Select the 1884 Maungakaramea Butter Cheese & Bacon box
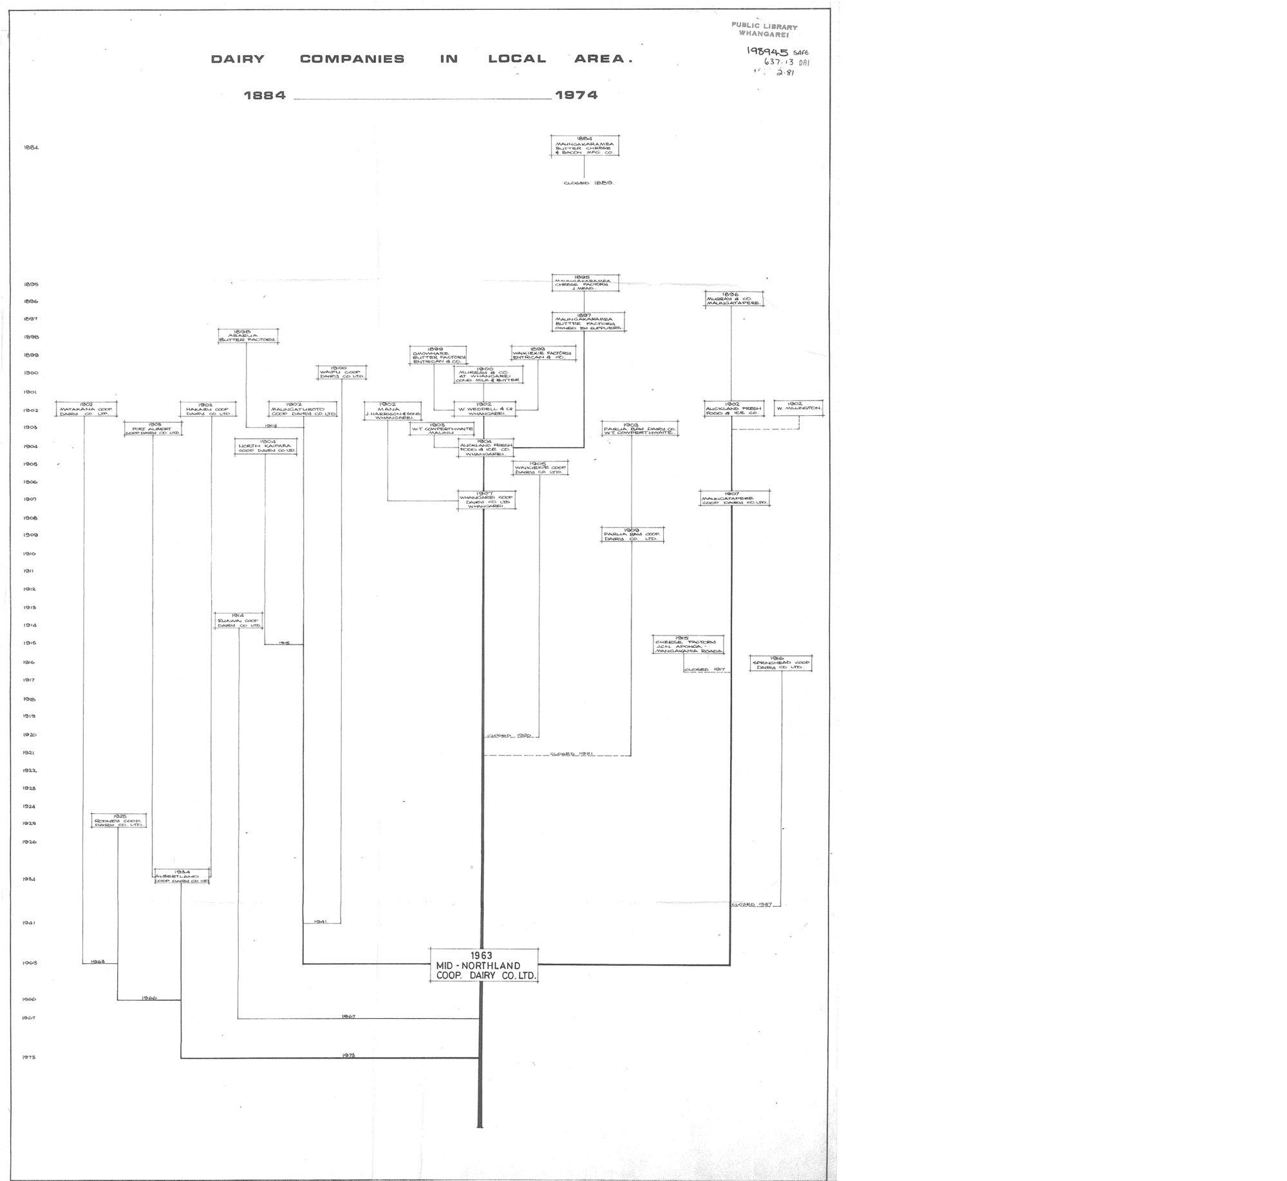pos(585,146)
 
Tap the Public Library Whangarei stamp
pos(764,30)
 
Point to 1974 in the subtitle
pos(576,95)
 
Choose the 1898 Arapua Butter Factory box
pos(248,336)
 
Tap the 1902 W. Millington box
pos(798,408)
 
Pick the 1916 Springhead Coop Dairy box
pos(781,663)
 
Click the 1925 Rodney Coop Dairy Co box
pos(118,820)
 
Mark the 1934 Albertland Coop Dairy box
pos(182,877)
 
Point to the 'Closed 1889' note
pos(588,183)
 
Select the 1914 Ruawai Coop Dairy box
pos(238,620)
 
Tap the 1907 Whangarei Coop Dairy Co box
pos(486,501)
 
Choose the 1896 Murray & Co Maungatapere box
pos(734,299)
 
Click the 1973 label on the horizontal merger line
pos(349,1055)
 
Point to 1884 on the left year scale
pos(31,147)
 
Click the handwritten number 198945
pos(767,51)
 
